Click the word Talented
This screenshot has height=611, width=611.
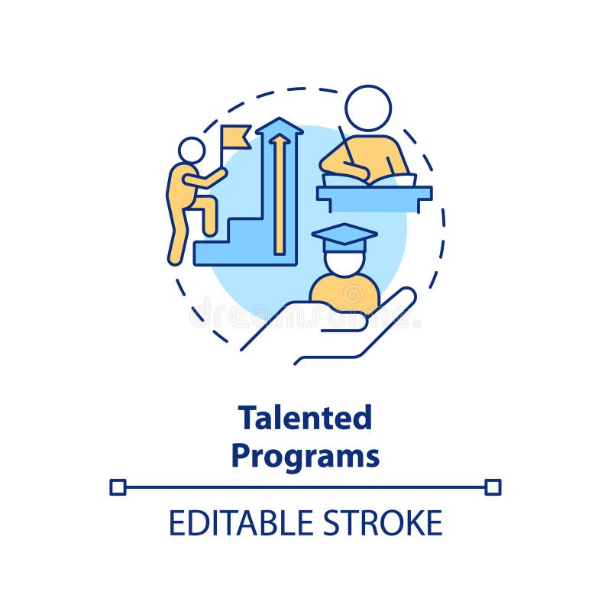tap(305, 418)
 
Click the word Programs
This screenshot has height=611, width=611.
tap(305, 456)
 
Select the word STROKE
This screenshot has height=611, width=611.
tap(387, 523)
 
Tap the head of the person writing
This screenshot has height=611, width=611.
tap(368, 108)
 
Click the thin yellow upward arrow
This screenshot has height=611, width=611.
tap(280, 191)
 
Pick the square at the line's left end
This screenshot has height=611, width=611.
tap(118, 487)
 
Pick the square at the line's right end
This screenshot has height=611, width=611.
tap(493, 487)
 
